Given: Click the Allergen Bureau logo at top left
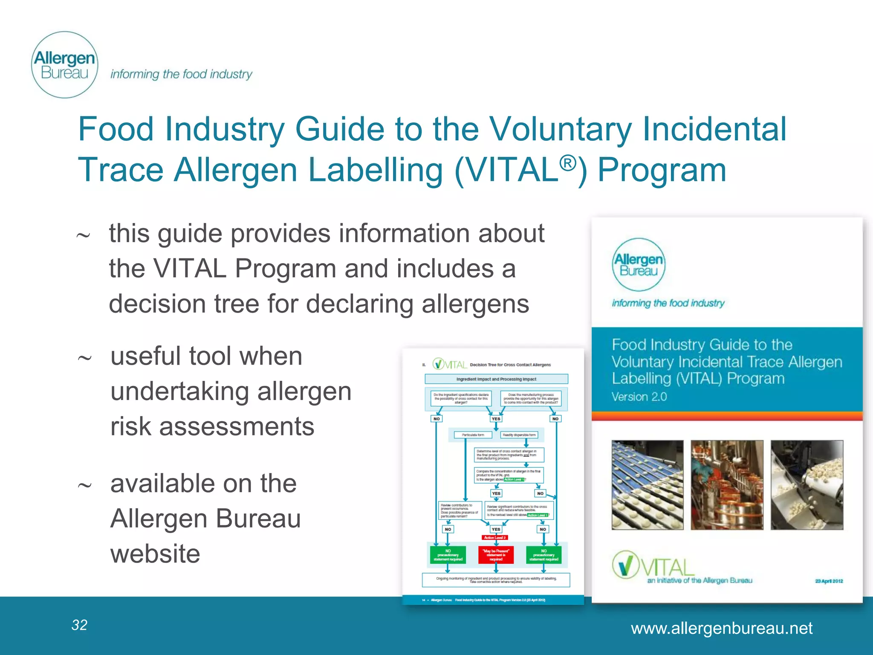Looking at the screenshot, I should pyautogui.click(x=65, y=65).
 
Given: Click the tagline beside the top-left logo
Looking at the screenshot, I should pyautogui.click(x=181, y=74).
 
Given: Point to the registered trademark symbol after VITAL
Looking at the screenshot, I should pyautogui.click(x=567, y=163).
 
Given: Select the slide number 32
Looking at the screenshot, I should pyautogui.click(x=79, y=625).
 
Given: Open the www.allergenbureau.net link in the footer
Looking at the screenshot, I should pyautogui.click(x=721, y=628).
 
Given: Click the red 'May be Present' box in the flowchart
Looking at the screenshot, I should pyautogui.click(x=496, y=555).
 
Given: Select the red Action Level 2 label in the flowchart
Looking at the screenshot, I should pyautogui.click(x=494, y=538).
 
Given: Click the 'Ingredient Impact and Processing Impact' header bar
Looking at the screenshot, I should pyautogui.click(x=496, y=379).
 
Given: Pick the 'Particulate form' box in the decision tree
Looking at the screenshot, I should pyautogui.click(x=472, y=435).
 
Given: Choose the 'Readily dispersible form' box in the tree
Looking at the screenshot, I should pyautogui.click(x=519, y=435).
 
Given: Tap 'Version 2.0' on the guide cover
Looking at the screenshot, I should pyautogui.click(x=639, y=397).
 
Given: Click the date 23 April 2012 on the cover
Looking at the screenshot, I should pyautogui.click(x=829, y=581).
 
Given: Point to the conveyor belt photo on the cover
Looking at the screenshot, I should pyautogui.click(x=647, y=485).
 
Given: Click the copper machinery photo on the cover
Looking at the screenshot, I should pyautogui.click(x=727, y=485).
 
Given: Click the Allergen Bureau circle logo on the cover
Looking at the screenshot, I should pyautogui.click(x=638, y=265).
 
